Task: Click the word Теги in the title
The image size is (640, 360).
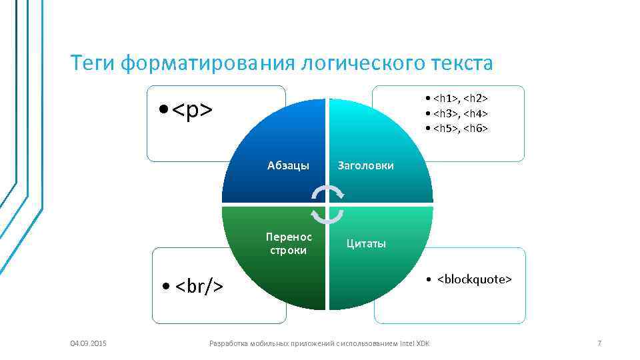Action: pyautogui.click(x=93, y=64)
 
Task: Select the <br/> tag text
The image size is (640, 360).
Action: pyautogui.click(x=199, y=287)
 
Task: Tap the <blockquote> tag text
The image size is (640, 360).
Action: pyautogui.click(x=475, y=279)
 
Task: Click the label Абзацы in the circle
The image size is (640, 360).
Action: pyautogui.click(x=288, y=165)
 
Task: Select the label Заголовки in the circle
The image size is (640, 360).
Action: pyautogui.click(x=366, y=165)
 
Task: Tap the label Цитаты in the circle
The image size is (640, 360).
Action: pyautogui.click(x=366, y=243)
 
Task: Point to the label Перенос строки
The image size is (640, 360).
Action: pyautogui.click(x=289, y=243)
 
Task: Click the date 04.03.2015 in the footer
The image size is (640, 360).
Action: pyautogui.click(x=89, y=343)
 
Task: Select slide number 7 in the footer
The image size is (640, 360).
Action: pyautogui.click(x=599, y=343)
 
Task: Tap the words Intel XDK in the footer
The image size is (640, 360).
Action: pyautogui.click(x=415, y=343)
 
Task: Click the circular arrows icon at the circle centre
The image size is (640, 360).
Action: pyautogui.click(x=327, y=203)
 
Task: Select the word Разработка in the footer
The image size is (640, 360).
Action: pyautogui.click(x=228, y=343)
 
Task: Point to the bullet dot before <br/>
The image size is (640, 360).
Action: pyautogui.click(x=166, y=287)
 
